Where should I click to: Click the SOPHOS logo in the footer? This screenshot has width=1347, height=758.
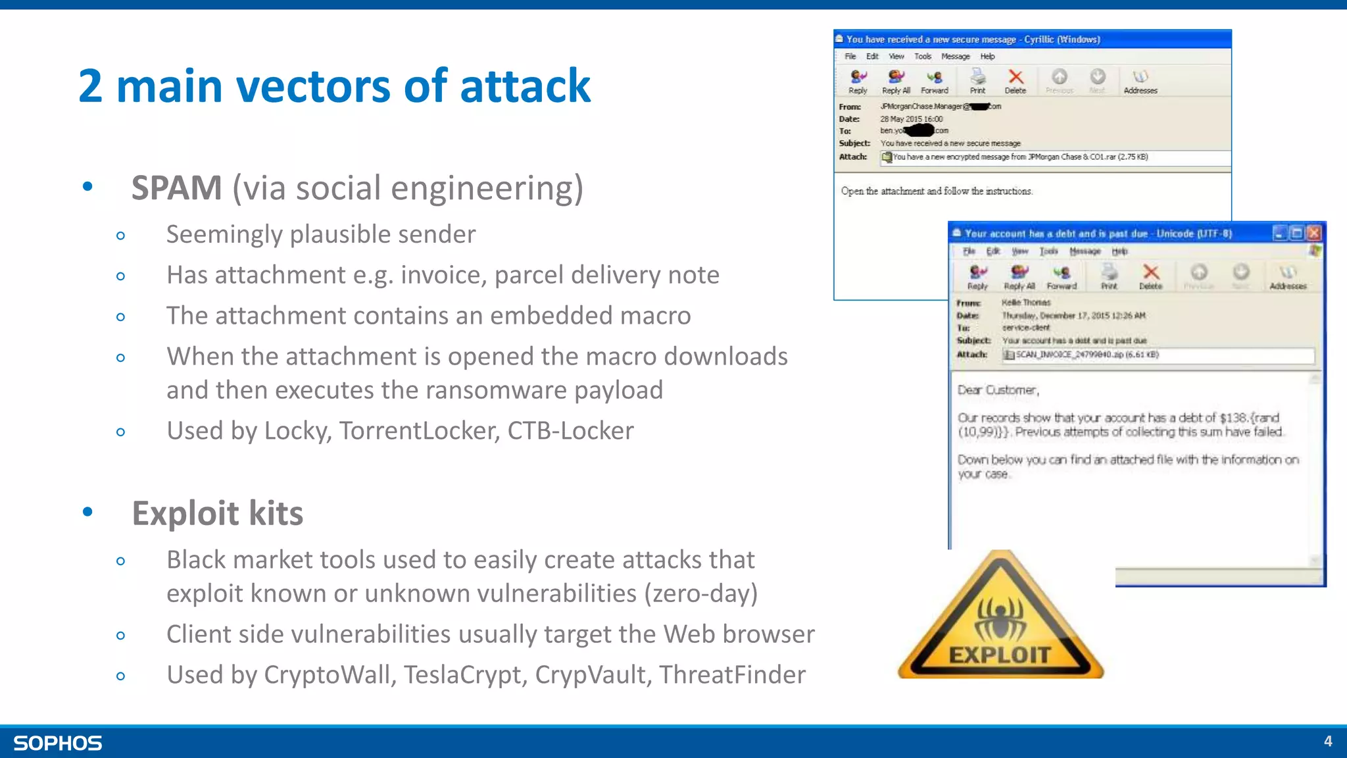pos(58,743)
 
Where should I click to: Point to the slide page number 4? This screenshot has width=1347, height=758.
pos(1328,742)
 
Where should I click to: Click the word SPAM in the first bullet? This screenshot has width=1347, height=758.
pos(176,188)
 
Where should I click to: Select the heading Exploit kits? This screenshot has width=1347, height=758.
pos(218,513)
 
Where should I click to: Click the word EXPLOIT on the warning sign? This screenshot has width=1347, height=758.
pos(1000,655)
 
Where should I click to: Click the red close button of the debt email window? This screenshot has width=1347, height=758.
pos(1314,233)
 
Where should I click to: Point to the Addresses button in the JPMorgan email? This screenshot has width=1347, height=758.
pos(1140,80)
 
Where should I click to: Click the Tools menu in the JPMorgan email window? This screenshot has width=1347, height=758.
pos(923,57)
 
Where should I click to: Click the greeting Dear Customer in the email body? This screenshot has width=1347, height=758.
pos(998,390)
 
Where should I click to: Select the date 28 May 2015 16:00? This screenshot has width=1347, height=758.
pos(911,119)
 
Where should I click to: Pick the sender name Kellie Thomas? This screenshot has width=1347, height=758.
pos(1026,303)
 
